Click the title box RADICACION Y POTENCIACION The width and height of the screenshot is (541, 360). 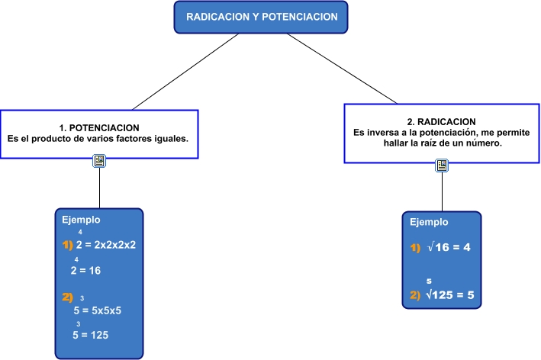[256, 17]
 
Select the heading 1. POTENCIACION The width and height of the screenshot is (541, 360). [99, 127]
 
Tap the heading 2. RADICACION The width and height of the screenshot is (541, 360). [441, 121]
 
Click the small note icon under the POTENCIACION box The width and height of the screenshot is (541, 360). [99, 160]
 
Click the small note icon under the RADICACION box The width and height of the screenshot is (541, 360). [442, 166]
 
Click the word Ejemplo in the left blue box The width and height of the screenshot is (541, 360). [81, 220]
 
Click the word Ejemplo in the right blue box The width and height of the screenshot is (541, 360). [429, 223]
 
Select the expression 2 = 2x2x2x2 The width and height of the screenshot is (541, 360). [105, 246]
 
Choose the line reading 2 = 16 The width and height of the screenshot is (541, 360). [86, 270]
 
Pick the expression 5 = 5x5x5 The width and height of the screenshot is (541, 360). [98, 310]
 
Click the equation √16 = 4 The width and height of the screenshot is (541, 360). [449, 249]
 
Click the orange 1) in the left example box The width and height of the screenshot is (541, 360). [67, 246]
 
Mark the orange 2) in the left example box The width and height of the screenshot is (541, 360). [67, 297]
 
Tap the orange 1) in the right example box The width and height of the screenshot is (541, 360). [415, 249]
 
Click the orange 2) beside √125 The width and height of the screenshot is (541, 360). [415, 296]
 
